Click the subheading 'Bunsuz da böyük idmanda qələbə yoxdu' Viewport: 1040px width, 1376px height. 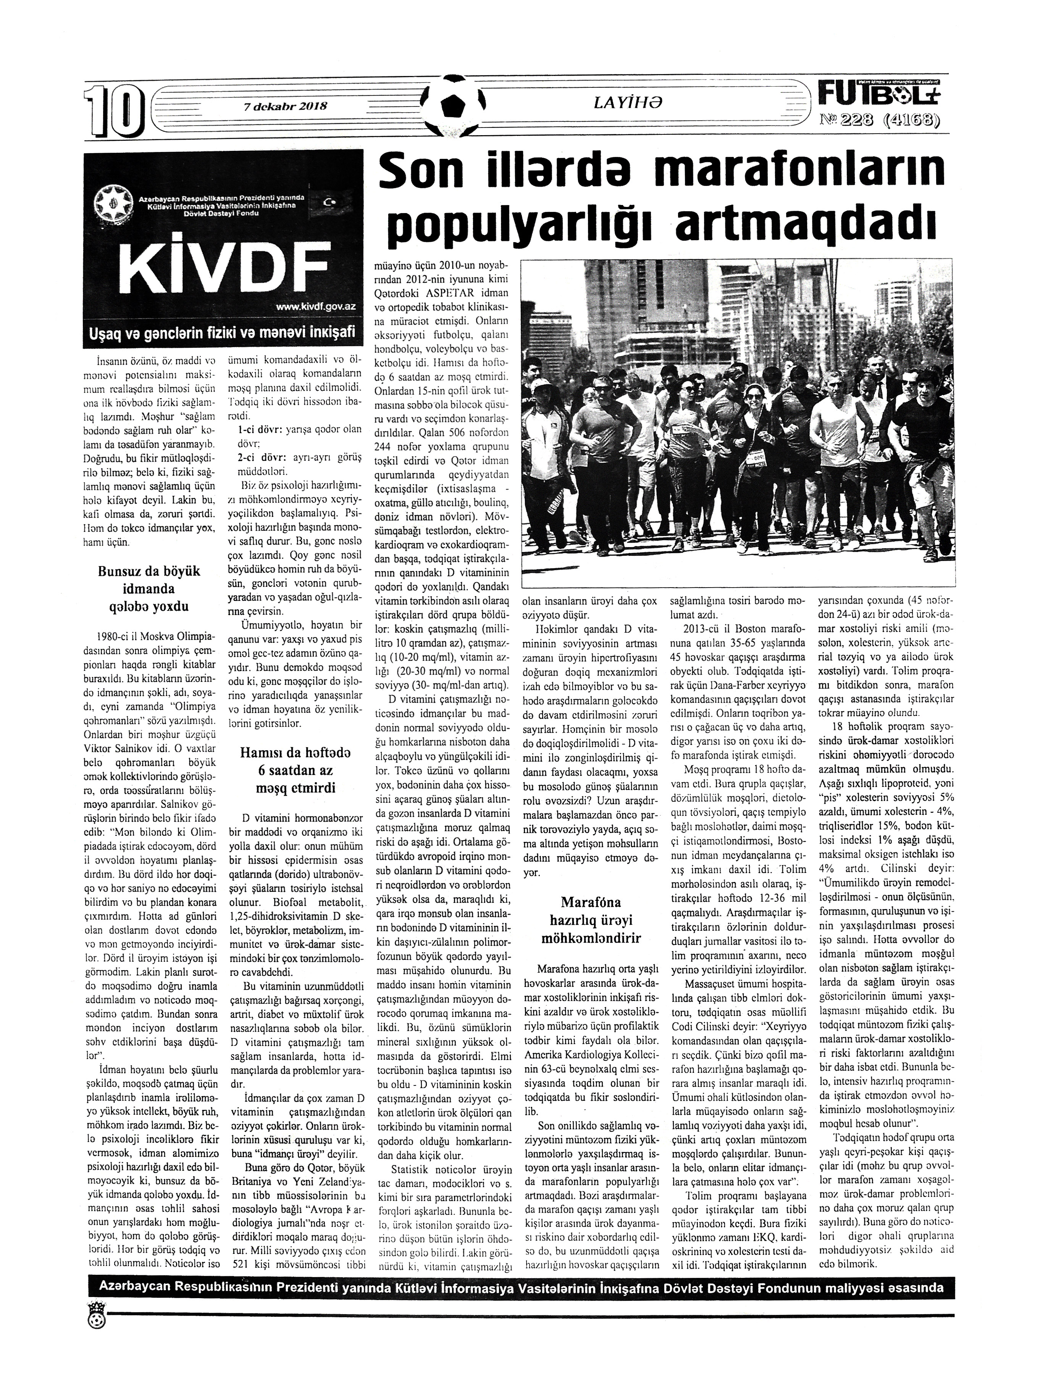point(148,588)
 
